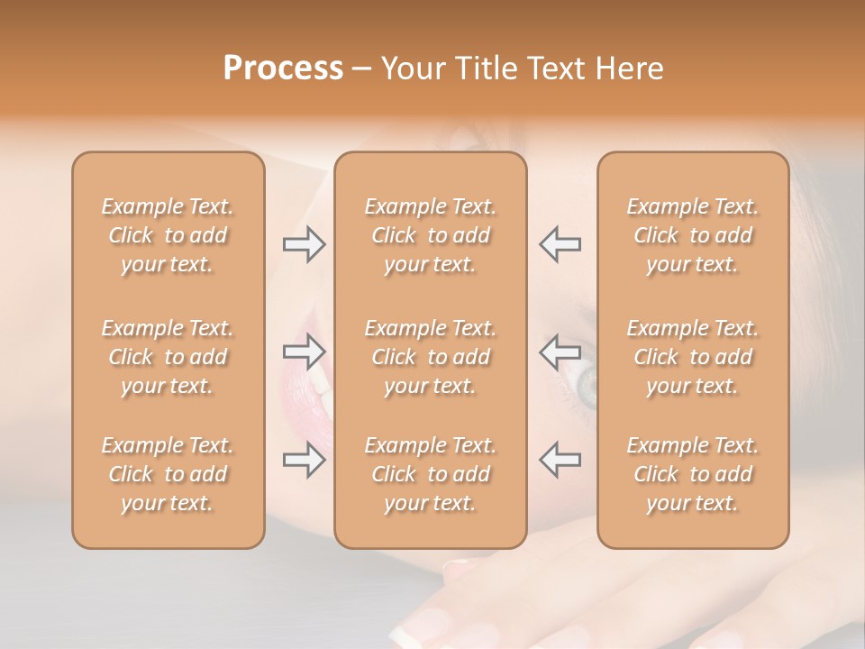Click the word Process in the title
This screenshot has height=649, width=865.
click(x=283, y=69)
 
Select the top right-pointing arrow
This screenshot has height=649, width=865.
click(x=304, y=244)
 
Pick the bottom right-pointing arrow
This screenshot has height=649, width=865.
click(x=304, y=460)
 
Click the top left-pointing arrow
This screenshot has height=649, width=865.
click(x=560, y=244)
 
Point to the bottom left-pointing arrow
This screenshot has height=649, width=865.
click(x=560, y=460)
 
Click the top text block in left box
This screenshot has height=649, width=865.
click(x=168, y=235)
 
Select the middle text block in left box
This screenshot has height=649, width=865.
click(x=168, y=357)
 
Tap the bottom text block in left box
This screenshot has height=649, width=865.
click(x=168, y=474)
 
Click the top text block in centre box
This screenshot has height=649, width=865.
click(x=431, y=235)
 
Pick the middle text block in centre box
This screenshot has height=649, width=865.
click(x=431, y=357)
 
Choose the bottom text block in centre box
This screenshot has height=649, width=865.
click(x=431, y=474)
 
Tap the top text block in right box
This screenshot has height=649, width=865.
click(x=693, y=235)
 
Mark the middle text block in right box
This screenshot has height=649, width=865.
click(x=693, y=357)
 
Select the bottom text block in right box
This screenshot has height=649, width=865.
click(x=693, y=474)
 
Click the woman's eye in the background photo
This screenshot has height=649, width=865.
click(x=586, y=386)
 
